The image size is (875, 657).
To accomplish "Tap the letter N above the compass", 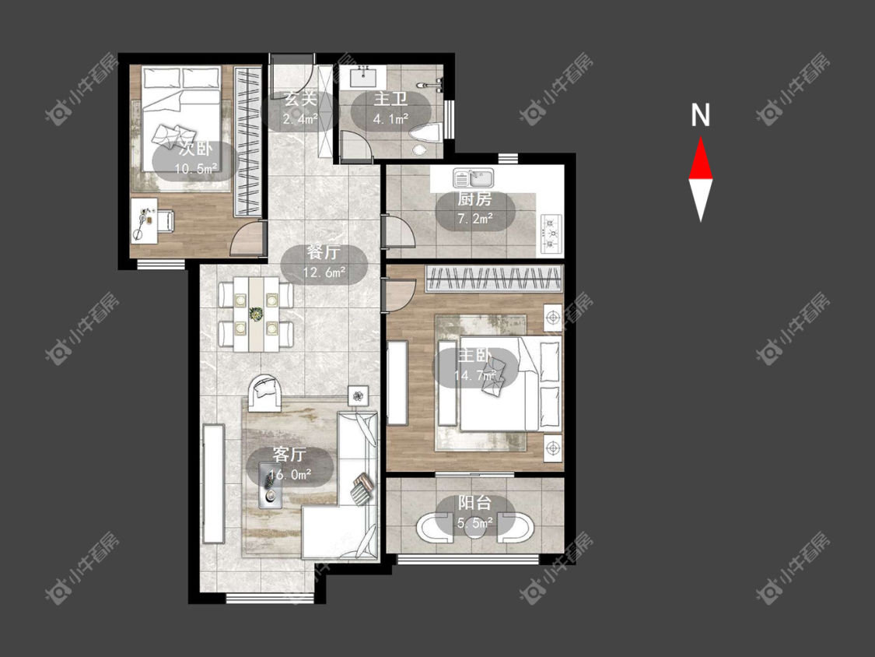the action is click(x=700, y=115).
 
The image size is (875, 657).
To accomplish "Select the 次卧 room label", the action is click(x=196, y=149).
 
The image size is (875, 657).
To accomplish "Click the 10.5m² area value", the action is click(x=196, y=168).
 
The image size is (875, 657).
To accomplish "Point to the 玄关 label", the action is click(x=300, y=99).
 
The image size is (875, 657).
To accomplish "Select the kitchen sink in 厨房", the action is click(x=473, y=178).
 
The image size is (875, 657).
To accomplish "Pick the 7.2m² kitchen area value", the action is click(x=475, y=219).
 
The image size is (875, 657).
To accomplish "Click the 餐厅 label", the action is click(x=323, y=252).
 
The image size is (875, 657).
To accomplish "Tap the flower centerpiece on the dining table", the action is click(x=256, y=314).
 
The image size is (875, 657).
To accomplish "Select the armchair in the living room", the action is click(x=266, y=393).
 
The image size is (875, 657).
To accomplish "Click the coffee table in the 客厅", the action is click(x=270, y=485).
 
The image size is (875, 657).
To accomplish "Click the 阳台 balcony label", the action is click(x=475, y=503).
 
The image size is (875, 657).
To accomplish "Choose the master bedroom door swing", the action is click(x=401, y=293).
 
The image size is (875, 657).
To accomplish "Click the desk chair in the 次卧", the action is click(x=166, y=220).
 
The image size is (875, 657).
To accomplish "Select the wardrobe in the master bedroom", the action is click(x=493, y=279).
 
